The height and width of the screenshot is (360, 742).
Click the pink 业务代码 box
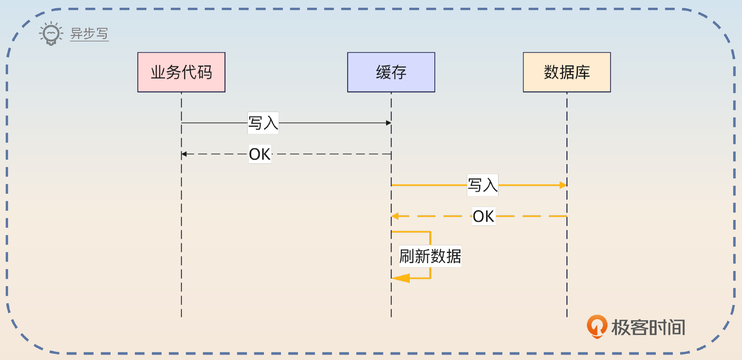point(181,72)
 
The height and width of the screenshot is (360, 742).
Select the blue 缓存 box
point(391,72)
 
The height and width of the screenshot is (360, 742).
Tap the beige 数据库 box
point(567,72)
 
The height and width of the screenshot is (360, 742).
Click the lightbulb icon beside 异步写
point(51,34)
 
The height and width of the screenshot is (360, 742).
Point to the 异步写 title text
point(89,34)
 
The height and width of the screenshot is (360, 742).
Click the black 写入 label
point(263,123)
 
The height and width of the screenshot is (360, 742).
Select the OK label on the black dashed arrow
point(260,154)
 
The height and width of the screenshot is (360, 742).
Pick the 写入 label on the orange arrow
point(482,185)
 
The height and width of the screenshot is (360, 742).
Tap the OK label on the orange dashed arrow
point(483,216)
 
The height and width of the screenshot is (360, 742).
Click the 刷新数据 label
point(430,256)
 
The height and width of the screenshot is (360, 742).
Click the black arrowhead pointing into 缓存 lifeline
point(388,123)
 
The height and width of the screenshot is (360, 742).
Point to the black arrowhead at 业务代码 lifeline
point(185,154)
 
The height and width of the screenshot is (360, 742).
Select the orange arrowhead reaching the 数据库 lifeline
point(563,185)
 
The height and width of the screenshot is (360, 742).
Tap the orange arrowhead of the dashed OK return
point(395,216)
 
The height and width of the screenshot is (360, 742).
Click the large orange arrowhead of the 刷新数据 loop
point(401,278)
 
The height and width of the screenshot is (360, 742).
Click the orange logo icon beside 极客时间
point(597,326)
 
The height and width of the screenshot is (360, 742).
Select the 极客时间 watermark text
point(648,328)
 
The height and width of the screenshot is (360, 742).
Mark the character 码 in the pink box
point(205,72)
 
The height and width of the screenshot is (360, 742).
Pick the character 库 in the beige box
point(582,72)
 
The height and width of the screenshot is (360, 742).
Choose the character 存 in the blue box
point(399,72)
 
